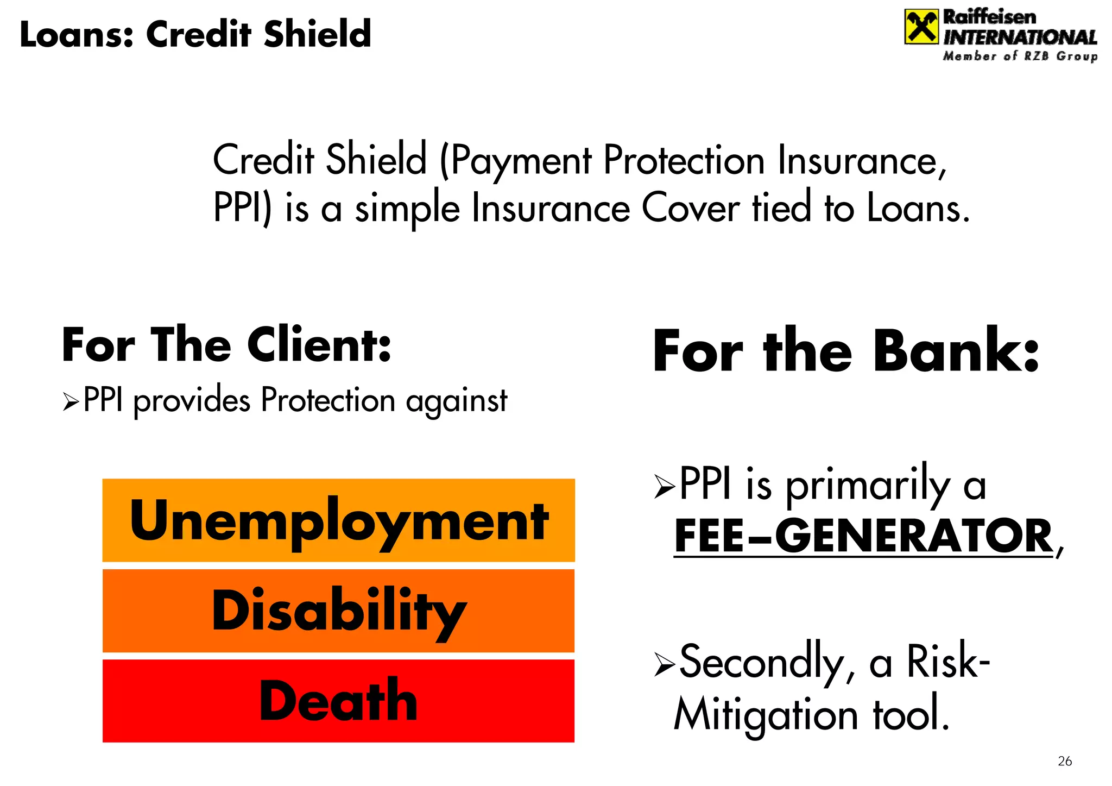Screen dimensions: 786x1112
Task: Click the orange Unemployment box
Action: tap(338, 520)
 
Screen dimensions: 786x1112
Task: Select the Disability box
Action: tap(338, 611)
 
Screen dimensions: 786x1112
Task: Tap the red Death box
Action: tap(338, 701)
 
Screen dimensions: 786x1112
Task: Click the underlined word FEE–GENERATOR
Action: tap(863, 537)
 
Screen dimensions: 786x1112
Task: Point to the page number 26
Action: tap(1065, 761)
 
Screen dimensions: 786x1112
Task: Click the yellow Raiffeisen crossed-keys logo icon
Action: tap(921, 27)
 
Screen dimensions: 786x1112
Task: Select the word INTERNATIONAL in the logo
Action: tap(1020, 37)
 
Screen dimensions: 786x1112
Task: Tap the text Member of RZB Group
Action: tap(1020, 56)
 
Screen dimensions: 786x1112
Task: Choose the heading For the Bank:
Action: tap(845, 351)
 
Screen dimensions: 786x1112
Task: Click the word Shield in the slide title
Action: tap(317, 34)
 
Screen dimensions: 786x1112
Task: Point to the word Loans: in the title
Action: tap(76, 34)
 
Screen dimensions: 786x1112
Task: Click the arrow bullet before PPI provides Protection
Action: tap(71, 402)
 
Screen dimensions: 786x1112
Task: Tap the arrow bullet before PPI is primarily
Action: tap(665, 486)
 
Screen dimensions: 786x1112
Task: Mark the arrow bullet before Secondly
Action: tap(665, 664)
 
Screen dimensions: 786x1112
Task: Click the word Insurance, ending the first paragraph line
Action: tap(862, 161)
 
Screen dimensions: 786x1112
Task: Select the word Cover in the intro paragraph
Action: tap(690, 209)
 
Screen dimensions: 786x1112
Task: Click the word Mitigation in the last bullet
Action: tap(766, 715)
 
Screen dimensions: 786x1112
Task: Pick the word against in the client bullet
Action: tap(456, 402)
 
